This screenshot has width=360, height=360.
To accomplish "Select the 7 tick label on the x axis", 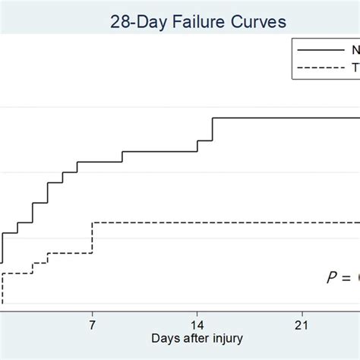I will coord(92,324).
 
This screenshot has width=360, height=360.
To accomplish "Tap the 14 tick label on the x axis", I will coord(197,324).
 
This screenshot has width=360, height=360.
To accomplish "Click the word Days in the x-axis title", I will coord(166,338).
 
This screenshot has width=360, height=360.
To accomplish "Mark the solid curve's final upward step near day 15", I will coord(213,129).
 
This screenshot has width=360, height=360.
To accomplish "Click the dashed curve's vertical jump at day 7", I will coord(92,238).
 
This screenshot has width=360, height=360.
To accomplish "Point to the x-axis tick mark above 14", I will coord(197,312).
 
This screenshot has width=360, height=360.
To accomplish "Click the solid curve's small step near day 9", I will coord(122,156).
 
